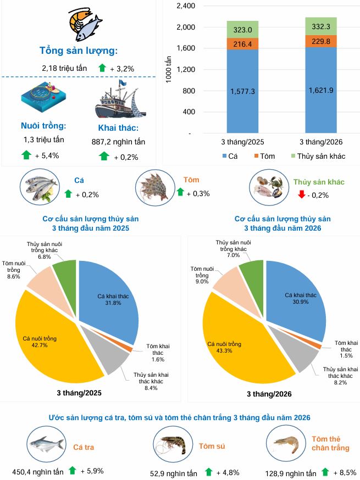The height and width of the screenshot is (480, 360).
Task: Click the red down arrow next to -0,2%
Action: [x=301, y=194]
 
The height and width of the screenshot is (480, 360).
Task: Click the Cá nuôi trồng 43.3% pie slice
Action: [x=231, y=341]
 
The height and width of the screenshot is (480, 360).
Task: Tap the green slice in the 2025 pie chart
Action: [x=65, y=272]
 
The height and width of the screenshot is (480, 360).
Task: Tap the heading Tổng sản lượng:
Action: [x=79, y=51]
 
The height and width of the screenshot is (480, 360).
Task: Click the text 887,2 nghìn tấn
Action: [x=118, y=142]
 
